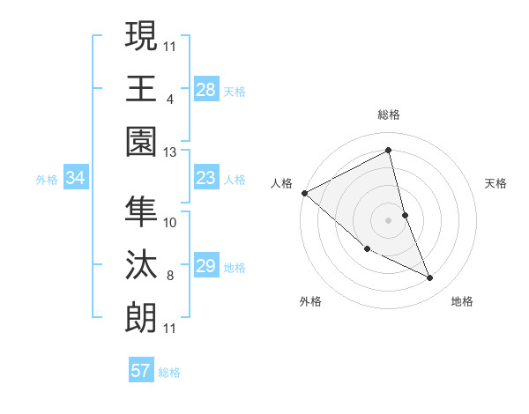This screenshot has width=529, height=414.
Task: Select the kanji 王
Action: point(141,88)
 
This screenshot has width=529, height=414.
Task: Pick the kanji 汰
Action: point(141,264)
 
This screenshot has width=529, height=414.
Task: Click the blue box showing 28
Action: point(205,90)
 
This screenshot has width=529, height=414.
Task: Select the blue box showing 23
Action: point(205,179)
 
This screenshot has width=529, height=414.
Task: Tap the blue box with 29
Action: point(205,267)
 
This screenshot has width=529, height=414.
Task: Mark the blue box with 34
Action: point(75,179)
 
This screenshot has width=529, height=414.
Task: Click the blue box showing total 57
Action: point(140,371)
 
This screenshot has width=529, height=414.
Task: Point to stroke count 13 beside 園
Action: point(170,152)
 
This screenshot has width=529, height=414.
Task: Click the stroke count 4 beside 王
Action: point(170,99)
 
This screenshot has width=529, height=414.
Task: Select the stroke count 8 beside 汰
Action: point(170,276)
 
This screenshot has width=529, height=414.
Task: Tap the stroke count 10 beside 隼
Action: point(170,222)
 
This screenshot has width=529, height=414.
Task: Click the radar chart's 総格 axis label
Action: point(389,115)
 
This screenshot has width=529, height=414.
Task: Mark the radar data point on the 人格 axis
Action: point(304,192)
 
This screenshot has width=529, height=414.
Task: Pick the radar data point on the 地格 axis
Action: point(430,278)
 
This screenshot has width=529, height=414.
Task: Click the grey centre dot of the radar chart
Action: point(388,219)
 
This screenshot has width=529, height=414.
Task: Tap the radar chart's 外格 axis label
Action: point(310,301)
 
